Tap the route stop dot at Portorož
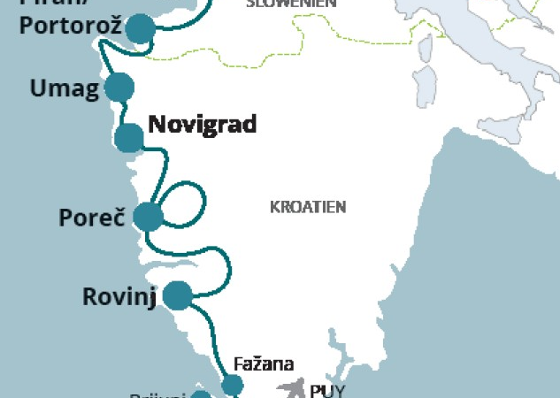click(x=140, y=29)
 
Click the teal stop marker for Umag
click(x=119, y=88)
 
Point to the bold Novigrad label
click(x=203, y=125)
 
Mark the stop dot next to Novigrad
click(x=129, y=138)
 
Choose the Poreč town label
click(x=89, y=217)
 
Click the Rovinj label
click(x=119, y=296)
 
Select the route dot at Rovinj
click(x=179, y=295)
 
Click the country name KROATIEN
click(x=307, y=207)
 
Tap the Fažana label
click(x=264, y=364)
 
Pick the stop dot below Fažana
click(x=232, y=385)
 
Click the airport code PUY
click(x=326, y=388)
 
